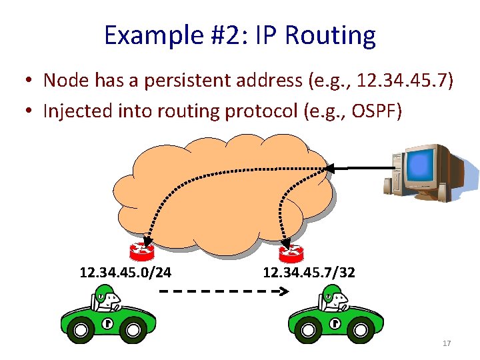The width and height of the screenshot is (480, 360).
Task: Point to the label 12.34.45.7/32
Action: click(309, 273)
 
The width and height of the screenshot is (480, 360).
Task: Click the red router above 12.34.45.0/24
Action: click(142, 251)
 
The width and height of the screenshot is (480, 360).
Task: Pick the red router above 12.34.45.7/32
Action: click(291, 253)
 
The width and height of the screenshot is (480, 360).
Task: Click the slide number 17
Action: click(446, 343)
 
